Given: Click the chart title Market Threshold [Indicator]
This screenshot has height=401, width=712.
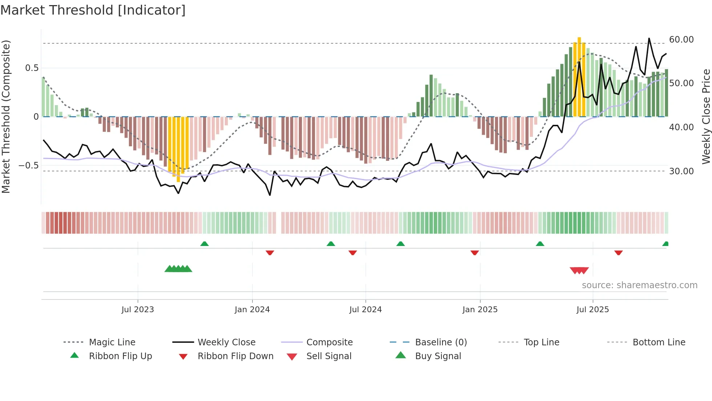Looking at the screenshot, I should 93,10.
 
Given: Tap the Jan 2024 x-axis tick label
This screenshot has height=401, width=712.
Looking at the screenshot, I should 252,310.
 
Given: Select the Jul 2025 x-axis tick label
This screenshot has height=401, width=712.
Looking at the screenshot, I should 592,310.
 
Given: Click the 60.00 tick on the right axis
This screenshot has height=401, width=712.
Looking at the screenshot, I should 681,39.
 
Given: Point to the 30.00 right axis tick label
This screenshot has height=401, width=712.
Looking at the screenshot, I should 681,171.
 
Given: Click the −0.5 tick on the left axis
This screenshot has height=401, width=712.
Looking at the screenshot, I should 28,166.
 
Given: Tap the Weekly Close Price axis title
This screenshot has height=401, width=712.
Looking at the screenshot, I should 705,116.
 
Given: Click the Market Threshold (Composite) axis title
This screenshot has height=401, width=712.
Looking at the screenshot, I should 6,116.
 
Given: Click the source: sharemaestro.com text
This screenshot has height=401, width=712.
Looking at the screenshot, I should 639,285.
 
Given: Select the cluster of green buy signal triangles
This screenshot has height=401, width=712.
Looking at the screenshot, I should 178,269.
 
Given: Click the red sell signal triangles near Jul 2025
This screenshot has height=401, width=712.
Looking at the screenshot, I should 579,270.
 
